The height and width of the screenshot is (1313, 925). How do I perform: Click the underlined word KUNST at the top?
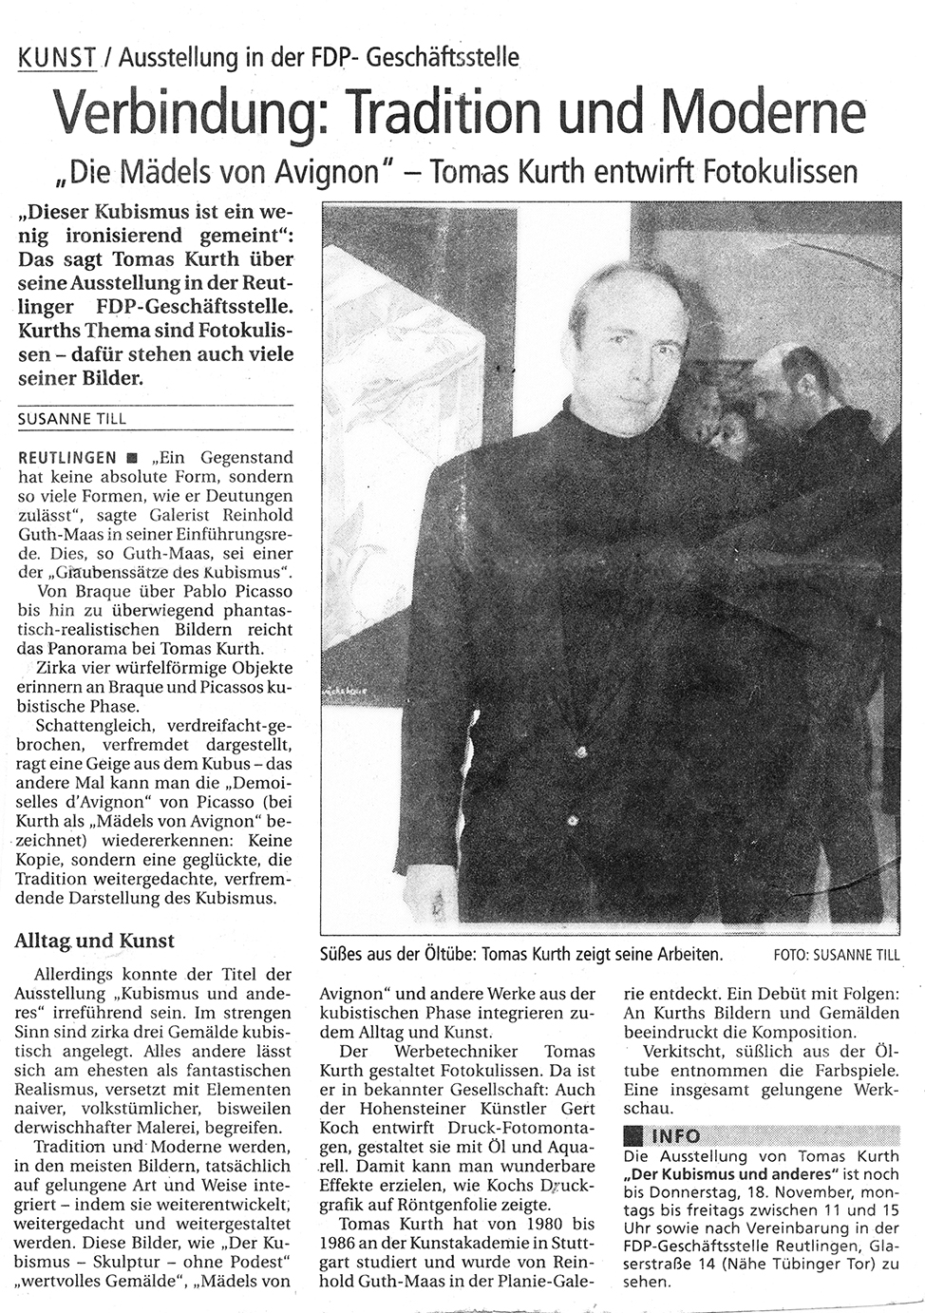click(57, 58)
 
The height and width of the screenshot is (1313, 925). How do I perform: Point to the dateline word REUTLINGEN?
click(66, 456)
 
